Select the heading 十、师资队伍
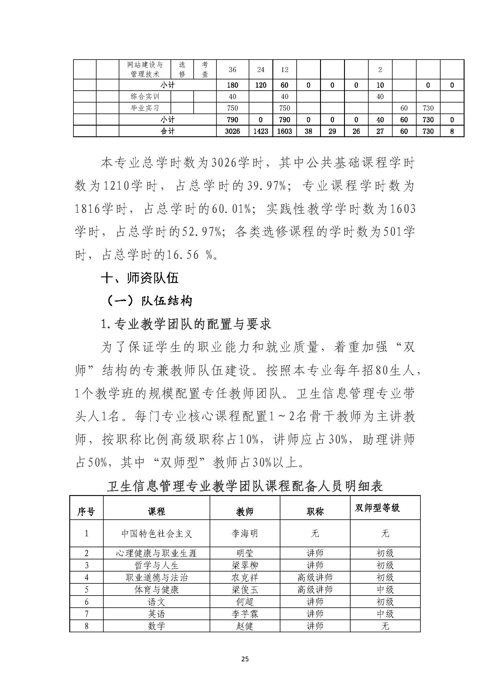point(140,278)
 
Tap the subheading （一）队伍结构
point(150,301)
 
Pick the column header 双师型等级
point(377,508)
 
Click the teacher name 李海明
point(245,533)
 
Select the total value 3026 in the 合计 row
point(232,131)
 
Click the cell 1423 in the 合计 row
point(261,131)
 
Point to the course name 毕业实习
point(145,108)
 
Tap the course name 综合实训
point(145,97)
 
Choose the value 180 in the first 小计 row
point(232,85)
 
